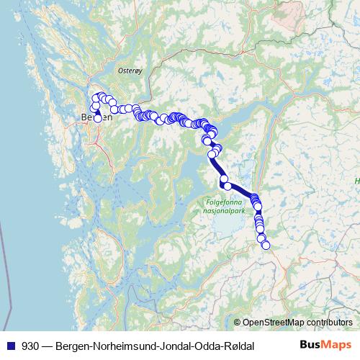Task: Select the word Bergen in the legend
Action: point(73,346)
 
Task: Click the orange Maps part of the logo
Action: point(336,345)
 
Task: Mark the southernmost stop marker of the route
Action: point(266,245)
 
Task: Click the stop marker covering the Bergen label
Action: point(97,117)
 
